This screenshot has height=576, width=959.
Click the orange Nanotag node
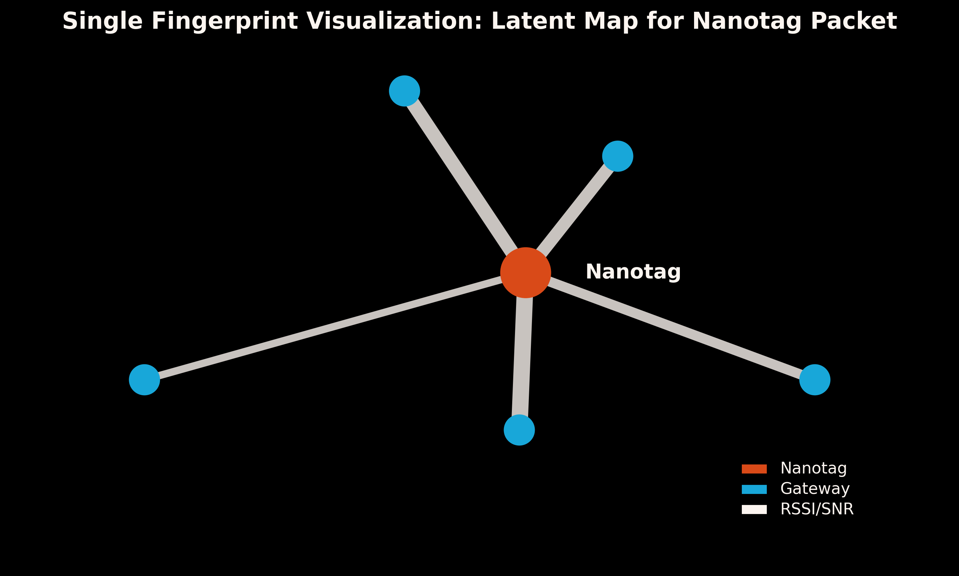point(525,273)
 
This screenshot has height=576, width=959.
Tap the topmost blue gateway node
point(405,91)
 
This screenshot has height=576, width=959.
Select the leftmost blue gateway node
point(144,380)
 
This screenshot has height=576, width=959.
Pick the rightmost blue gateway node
point(815,380)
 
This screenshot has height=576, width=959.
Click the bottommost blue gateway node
point(519,430)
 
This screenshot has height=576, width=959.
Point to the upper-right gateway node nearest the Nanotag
point(618,156)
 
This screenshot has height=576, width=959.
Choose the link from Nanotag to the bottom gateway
point(522,357)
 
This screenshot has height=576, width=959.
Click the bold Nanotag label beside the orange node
point(633,272)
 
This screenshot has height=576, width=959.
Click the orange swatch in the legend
point(754,469)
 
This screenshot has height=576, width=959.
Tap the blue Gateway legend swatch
point(754,489)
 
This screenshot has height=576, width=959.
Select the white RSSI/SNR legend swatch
point(754,509)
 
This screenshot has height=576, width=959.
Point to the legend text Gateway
point(815,489)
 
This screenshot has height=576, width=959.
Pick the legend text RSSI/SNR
point(817,509)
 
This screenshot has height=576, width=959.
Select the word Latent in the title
point(525,21)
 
